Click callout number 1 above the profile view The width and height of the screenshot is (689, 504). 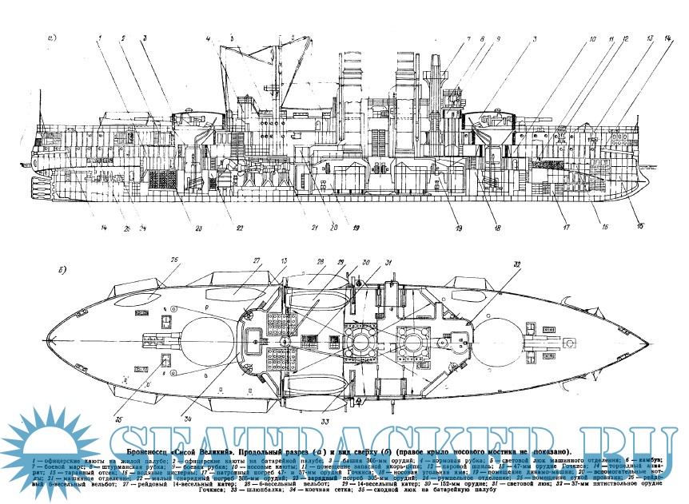click(x=102, y=38)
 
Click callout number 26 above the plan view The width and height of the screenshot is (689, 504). click(x=174, y=260)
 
